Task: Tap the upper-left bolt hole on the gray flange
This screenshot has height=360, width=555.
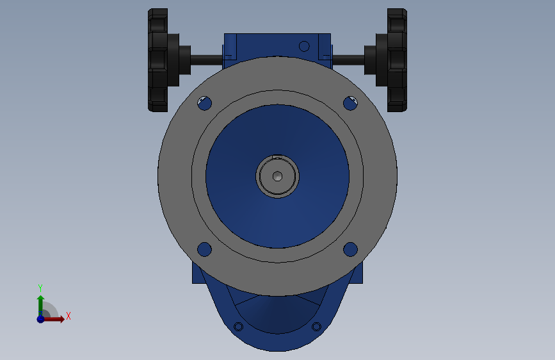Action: click(205, 102)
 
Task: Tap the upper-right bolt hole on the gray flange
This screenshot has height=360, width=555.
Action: click(350, 102)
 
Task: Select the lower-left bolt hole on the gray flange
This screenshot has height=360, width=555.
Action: click(204, 249)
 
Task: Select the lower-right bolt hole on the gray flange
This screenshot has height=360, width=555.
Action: click(350, 249)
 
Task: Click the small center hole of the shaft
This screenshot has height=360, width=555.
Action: click(277, 176)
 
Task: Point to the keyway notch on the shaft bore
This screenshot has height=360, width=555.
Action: click(277, 156)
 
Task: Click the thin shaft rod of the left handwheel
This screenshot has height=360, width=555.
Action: click(206, 60)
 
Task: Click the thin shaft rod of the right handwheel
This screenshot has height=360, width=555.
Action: click(348, 60)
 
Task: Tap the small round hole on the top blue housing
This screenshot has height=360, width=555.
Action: click(305, 46)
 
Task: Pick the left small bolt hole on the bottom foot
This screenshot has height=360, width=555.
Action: click(239, 327)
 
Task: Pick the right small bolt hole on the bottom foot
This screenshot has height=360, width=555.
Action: click(316, 327)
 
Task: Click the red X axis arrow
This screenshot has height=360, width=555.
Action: click(57, 318)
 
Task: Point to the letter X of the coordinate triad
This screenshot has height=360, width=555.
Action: click(68, 316)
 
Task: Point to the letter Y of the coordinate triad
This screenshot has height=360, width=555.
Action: click(40, 288)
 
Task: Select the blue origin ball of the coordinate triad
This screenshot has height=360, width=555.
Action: click(40, 318)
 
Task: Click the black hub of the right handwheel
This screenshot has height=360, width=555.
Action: click(373, 60)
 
